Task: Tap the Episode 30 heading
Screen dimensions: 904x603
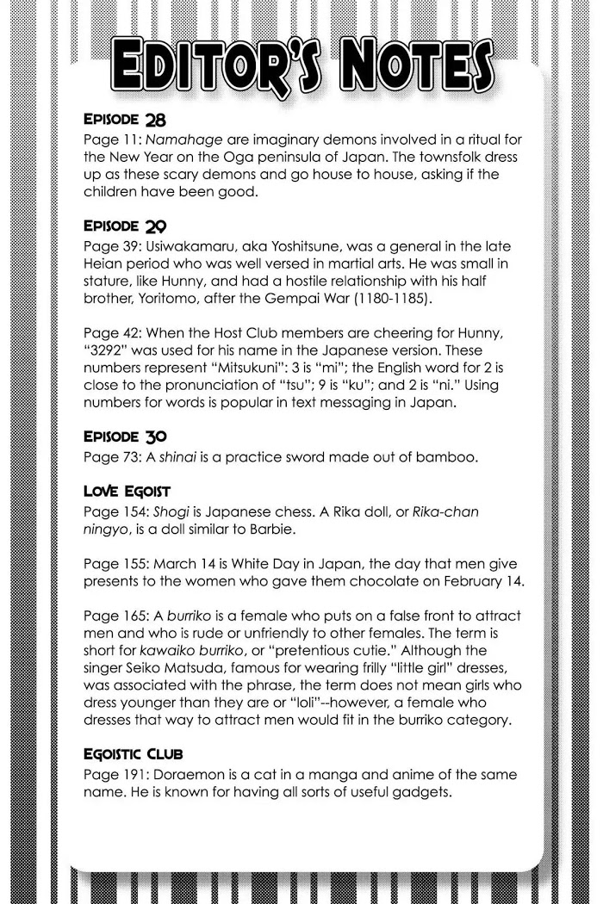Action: pyautogui.click(x=124, y=436)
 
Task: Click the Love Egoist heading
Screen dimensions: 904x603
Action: pyautogui.click(x=127, y=492)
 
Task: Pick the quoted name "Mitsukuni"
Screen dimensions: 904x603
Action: pyautogui.click(x=270, y=367)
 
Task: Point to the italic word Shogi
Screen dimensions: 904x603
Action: pyautogui.click(x=161, y=511)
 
